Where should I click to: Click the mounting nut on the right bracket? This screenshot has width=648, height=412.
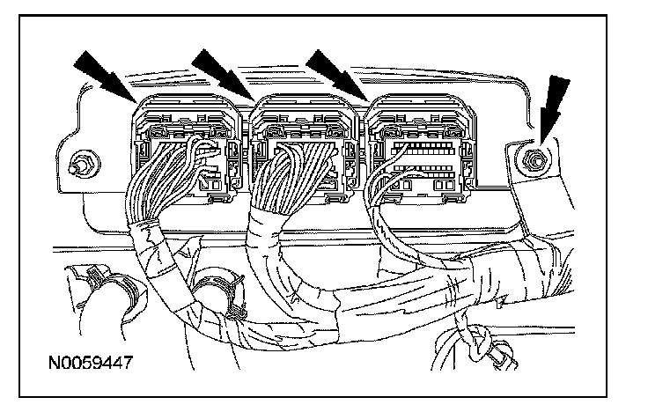534,159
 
